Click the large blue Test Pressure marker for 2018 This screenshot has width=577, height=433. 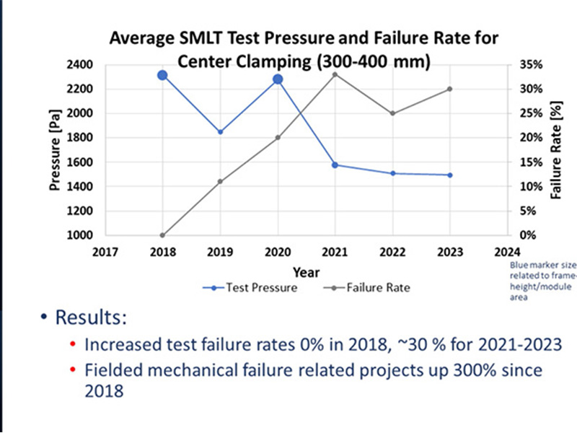(163, 75)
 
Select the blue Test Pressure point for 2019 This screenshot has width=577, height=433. (220, 132)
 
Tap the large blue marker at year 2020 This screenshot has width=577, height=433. (278, 79)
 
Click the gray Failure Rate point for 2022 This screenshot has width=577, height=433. (393, 113)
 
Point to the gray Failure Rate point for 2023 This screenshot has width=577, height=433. (450, 89)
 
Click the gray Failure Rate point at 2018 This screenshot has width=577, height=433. (163, 235)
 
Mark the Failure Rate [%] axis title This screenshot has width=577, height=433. (555, 149)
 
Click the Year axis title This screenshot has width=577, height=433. (306, 272)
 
